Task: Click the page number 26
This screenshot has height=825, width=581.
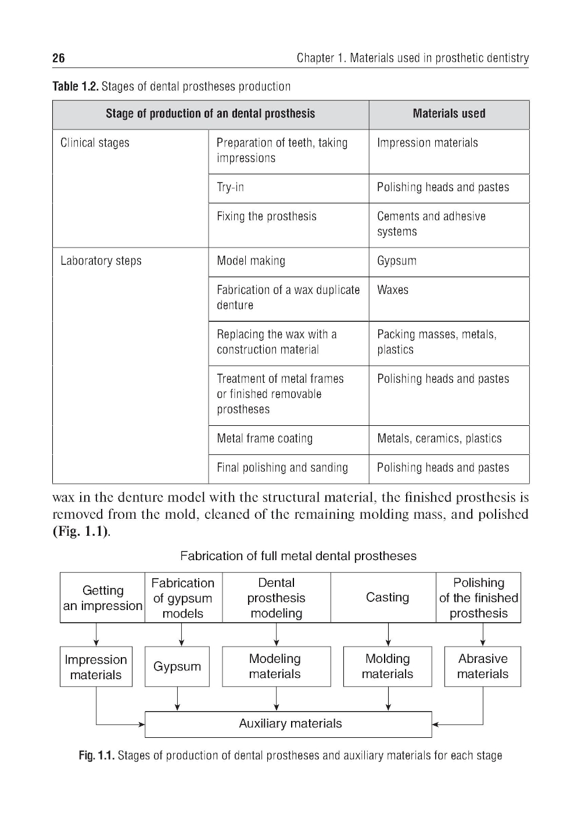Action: click(59, 58)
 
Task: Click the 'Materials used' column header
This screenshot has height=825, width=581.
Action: click(449, 114)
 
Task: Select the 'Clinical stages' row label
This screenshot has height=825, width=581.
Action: click(95, 143)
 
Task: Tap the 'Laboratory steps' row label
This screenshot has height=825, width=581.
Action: click(101, 261)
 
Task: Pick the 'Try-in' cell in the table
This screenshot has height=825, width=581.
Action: click(230, 187)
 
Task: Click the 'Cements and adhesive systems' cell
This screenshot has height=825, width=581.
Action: click(431, 224)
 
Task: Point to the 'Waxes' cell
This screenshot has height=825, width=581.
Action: click(393, 290)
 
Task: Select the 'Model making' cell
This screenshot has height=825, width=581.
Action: click(251, 261)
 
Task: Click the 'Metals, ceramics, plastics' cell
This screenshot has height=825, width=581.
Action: click(439, 439)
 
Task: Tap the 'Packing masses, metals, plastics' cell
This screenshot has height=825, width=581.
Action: click(436, 342)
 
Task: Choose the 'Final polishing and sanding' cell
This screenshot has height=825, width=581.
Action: click(282, 468)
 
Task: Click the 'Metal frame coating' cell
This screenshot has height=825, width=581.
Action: click(264, 439)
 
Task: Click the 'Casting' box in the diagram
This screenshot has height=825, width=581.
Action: click(388, 598)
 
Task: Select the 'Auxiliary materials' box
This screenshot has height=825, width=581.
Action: click(290, 724)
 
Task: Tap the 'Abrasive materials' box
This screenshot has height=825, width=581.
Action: click(482, 666)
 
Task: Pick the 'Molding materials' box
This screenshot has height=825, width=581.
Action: click(388, 666)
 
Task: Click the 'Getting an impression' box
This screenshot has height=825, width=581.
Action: click(103, 598)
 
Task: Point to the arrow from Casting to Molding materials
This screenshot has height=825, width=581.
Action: click(388, 634)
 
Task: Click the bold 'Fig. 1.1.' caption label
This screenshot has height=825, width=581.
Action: click(96, 755)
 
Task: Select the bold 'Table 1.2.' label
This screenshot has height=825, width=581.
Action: click(75, 87)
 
